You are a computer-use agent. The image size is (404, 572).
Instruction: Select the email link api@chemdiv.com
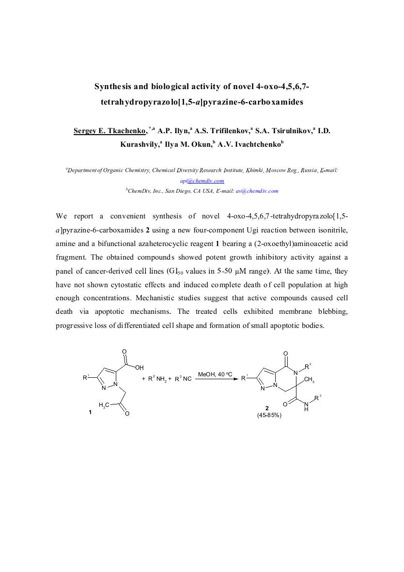coord(202,181)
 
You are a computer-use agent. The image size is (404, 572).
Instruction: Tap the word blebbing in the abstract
coord(333,311)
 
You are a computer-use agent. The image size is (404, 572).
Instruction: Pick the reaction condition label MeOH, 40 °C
coord(215,374)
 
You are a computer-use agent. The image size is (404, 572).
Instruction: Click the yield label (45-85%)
coord(269,415)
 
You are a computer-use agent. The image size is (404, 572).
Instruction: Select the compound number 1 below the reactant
coord(90,412)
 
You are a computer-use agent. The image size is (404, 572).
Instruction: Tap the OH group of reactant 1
coord(140,368)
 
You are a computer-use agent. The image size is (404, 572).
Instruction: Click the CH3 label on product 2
coord(310,380)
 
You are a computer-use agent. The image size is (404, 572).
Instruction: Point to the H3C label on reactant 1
coord(104,404)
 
